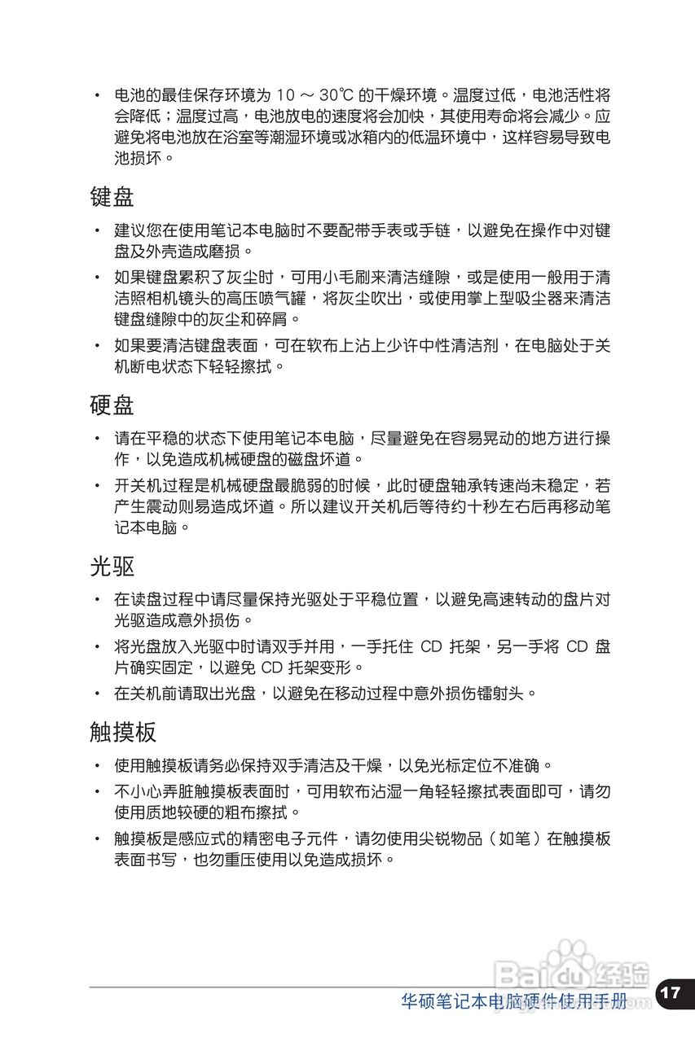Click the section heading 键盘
click(x=112, y=196)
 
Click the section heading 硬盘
click(x=112, y=404)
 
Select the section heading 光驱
click(x=112, y=565)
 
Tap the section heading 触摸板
click(x=123, y=731)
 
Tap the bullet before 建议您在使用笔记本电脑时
click(x=97, y=231)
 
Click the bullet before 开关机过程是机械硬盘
click(x=97, y=486)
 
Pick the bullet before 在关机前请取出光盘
click(x=97, y=694)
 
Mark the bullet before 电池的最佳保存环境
click(x=97, y=94)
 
